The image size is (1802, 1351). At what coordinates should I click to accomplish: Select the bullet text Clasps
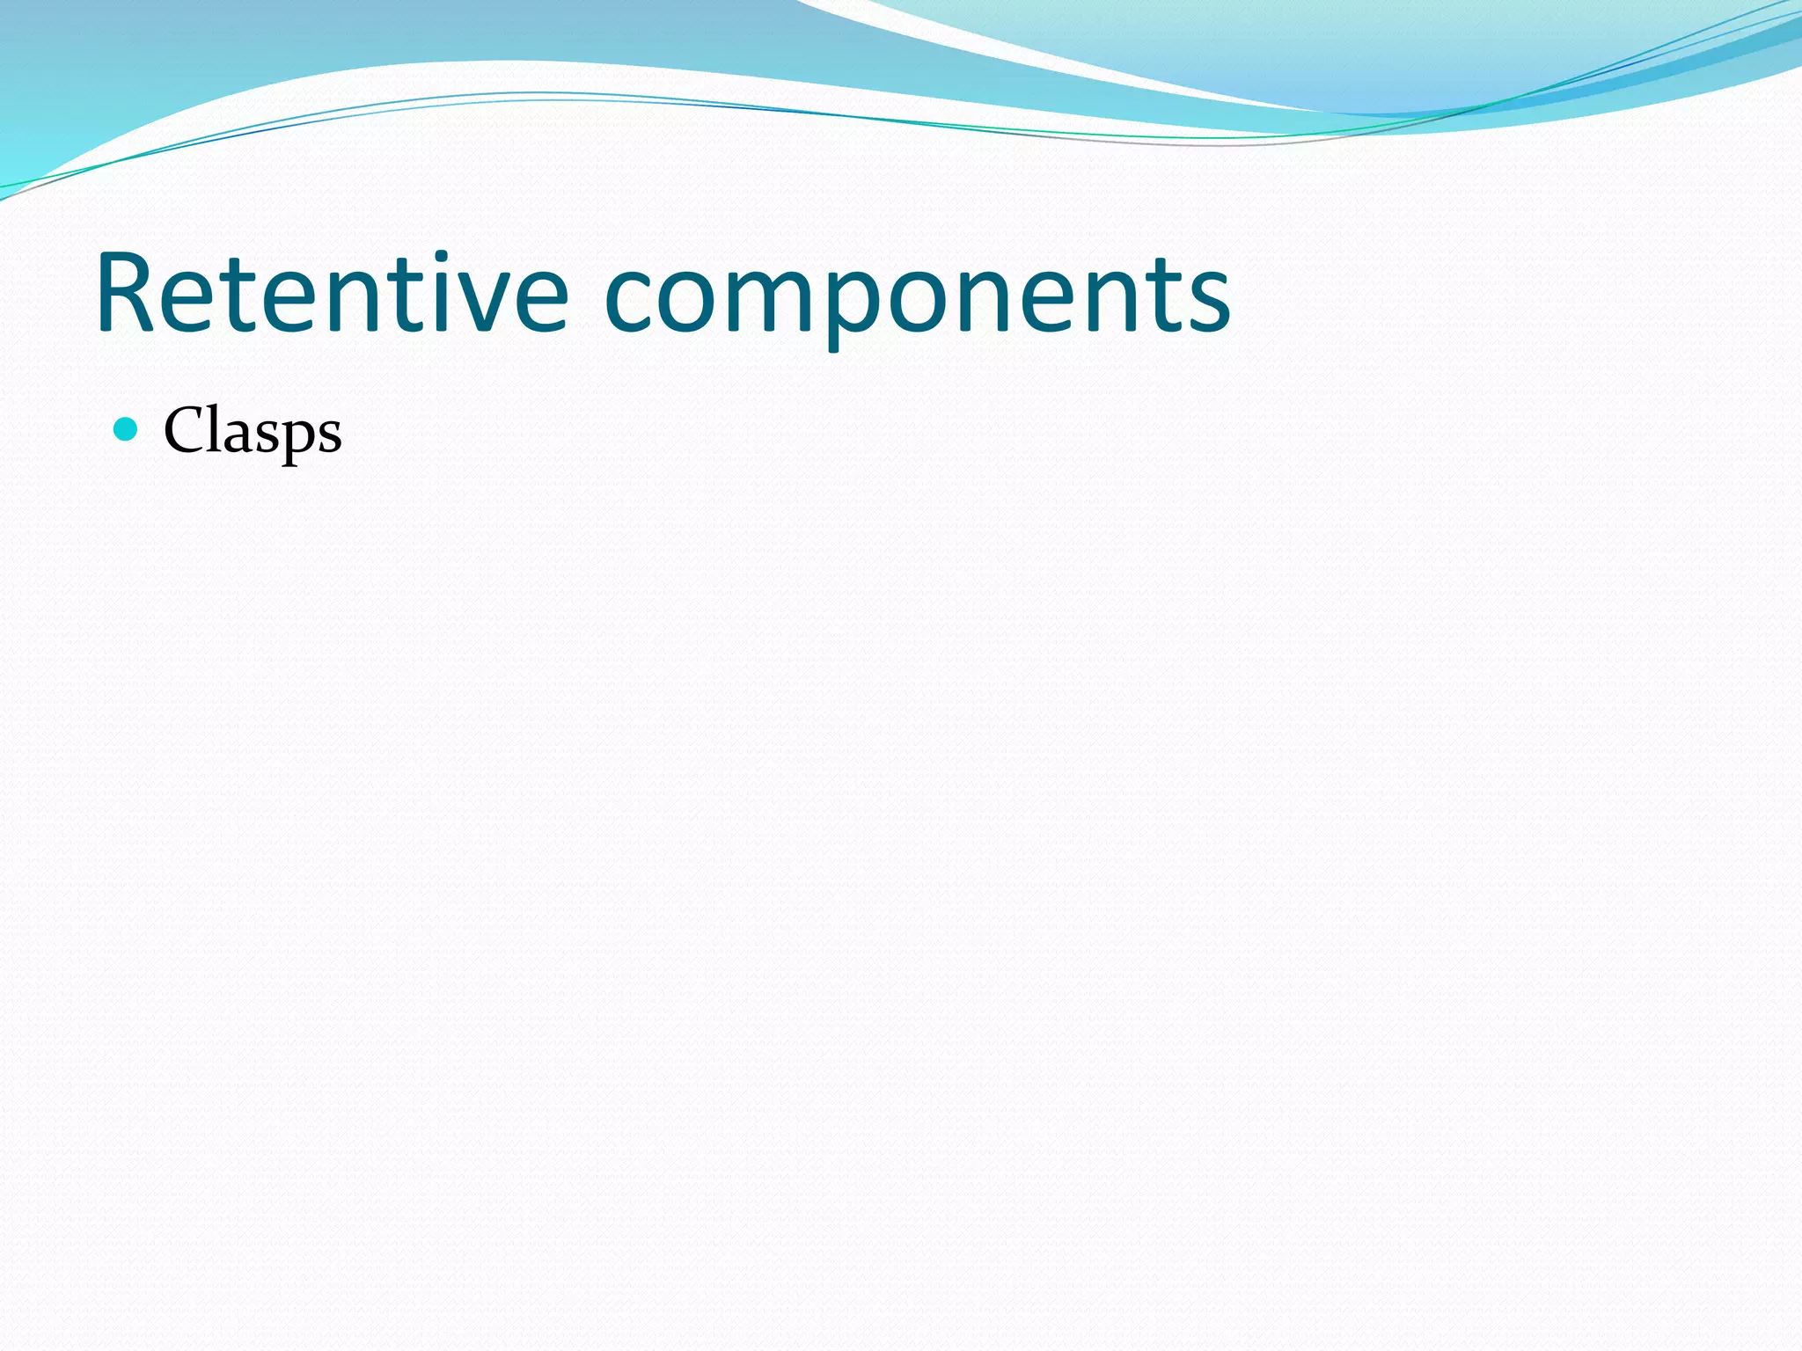click(x=253, y=431)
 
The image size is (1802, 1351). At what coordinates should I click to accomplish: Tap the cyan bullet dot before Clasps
click(x=127, y=429)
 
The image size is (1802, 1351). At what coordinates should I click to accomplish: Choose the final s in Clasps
click(x=329, y=437)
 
